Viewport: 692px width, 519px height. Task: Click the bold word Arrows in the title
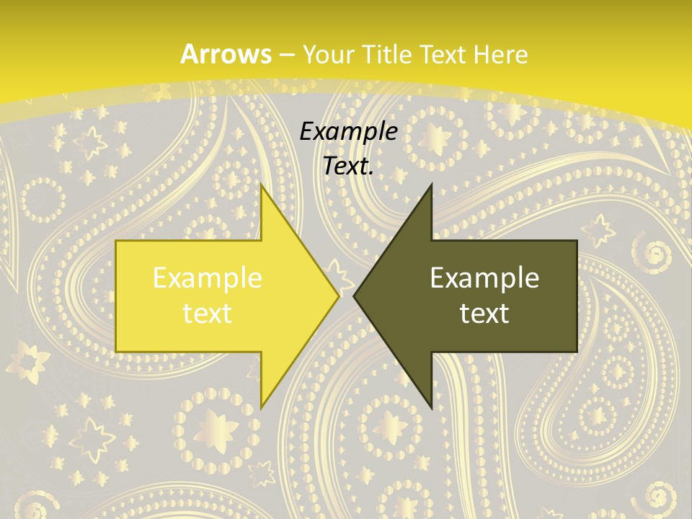226,54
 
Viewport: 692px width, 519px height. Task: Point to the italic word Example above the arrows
348,131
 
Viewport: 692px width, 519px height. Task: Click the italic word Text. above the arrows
348,166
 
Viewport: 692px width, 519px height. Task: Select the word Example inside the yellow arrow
207,278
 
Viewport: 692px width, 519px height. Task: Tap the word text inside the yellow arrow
207,313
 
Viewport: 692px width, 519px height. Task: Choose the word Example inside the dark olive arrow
484,278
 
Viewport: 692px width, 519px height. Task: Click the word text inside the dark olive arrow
484,313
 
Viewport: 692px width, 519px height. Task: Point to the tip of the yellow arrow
337,296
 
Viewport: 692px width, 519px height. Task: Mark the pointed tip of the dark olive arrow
355,296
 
